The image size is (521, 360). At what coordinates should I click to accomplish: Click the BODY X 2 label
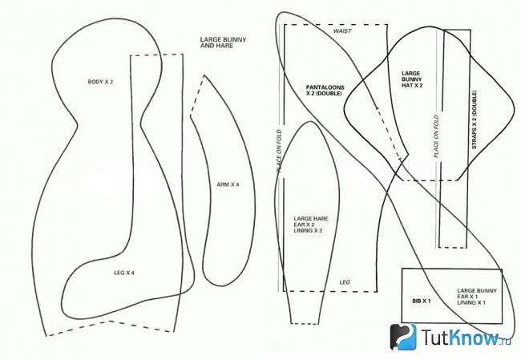pos(100,82)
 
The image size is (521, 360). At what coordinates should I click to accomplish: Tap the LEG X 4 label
pos(124,273)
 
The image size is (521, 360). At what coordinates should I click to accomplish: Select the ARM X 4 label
pos(228,184)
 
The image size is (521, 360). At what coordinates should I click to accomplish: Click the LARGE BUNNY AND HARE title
pos(223,42)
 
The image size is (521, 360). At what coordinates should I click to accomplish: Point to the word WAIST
pos(342,31)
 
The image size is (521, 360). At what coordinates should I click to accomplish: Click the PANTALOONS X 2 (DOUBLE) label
pos(325,91)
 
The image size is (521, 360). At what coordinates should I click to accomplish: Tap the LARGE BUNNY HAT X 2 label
pos(412,79)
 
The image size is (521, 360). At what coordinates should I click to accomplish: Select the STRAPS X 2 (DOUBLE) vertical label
pos(475,119)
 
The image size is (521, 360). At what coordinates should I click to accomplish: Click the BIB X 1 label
pos(422,301)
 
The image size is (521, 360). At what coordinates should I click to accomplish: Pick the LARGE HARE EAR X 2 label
pos(311,224)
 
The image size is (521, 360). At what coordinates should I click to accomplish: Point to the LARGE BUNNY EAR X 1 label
pos(477,297)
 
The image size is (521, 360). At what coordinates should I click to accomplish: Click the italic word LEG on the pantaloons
pos(345,282)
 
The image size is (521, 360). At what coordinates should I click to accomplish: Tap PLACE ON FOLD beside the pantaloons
pos(279,151)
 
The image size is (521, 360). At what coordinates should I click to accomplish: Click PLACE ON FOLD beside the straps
pos(436,136)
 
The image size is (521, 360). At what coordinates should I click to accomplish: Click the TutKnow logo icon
pos(403,337)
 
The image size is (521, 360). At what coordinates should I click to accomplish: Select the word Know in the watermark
pos(473,337)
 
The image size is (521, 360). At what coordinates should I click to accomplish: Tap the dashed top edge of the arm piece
pos(197,95)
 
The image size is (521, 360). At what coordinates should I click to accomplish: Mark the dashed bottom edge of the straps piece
pos(452,247)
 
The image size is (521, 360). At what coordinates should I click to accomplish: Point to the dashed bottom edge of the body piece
pos(111,327)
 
